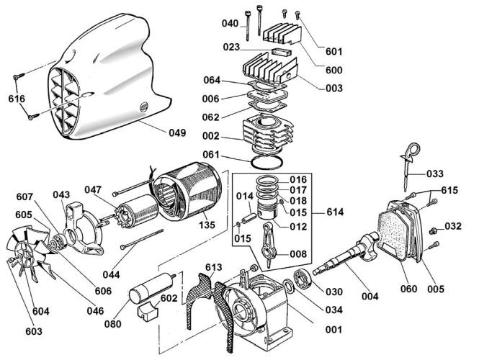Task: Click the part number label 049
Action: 177,132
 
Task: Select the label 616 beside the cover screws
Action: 17,99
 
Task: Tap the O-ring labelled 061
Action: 267,161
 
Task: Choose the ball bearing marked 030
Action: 303,279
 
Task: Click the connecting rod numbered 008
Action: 269,244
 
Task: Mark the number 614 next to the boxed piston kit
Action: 335,212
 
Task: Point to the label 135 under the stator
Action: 207,225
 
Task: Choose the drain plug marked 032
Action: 432,231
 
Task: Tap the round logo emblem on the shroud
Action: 143,107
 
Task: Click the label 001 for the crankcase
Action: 333,330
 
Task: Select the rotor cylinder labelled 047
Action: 136,213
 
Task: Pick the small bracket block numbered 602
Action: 147,310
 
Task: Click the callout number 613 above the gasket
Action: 213,267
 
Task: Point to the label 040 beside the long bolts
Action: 230,23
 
